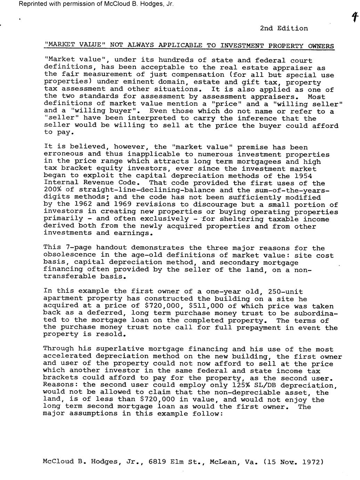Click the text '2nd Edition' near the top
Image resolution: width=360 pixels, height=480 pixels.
point(284,29)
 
